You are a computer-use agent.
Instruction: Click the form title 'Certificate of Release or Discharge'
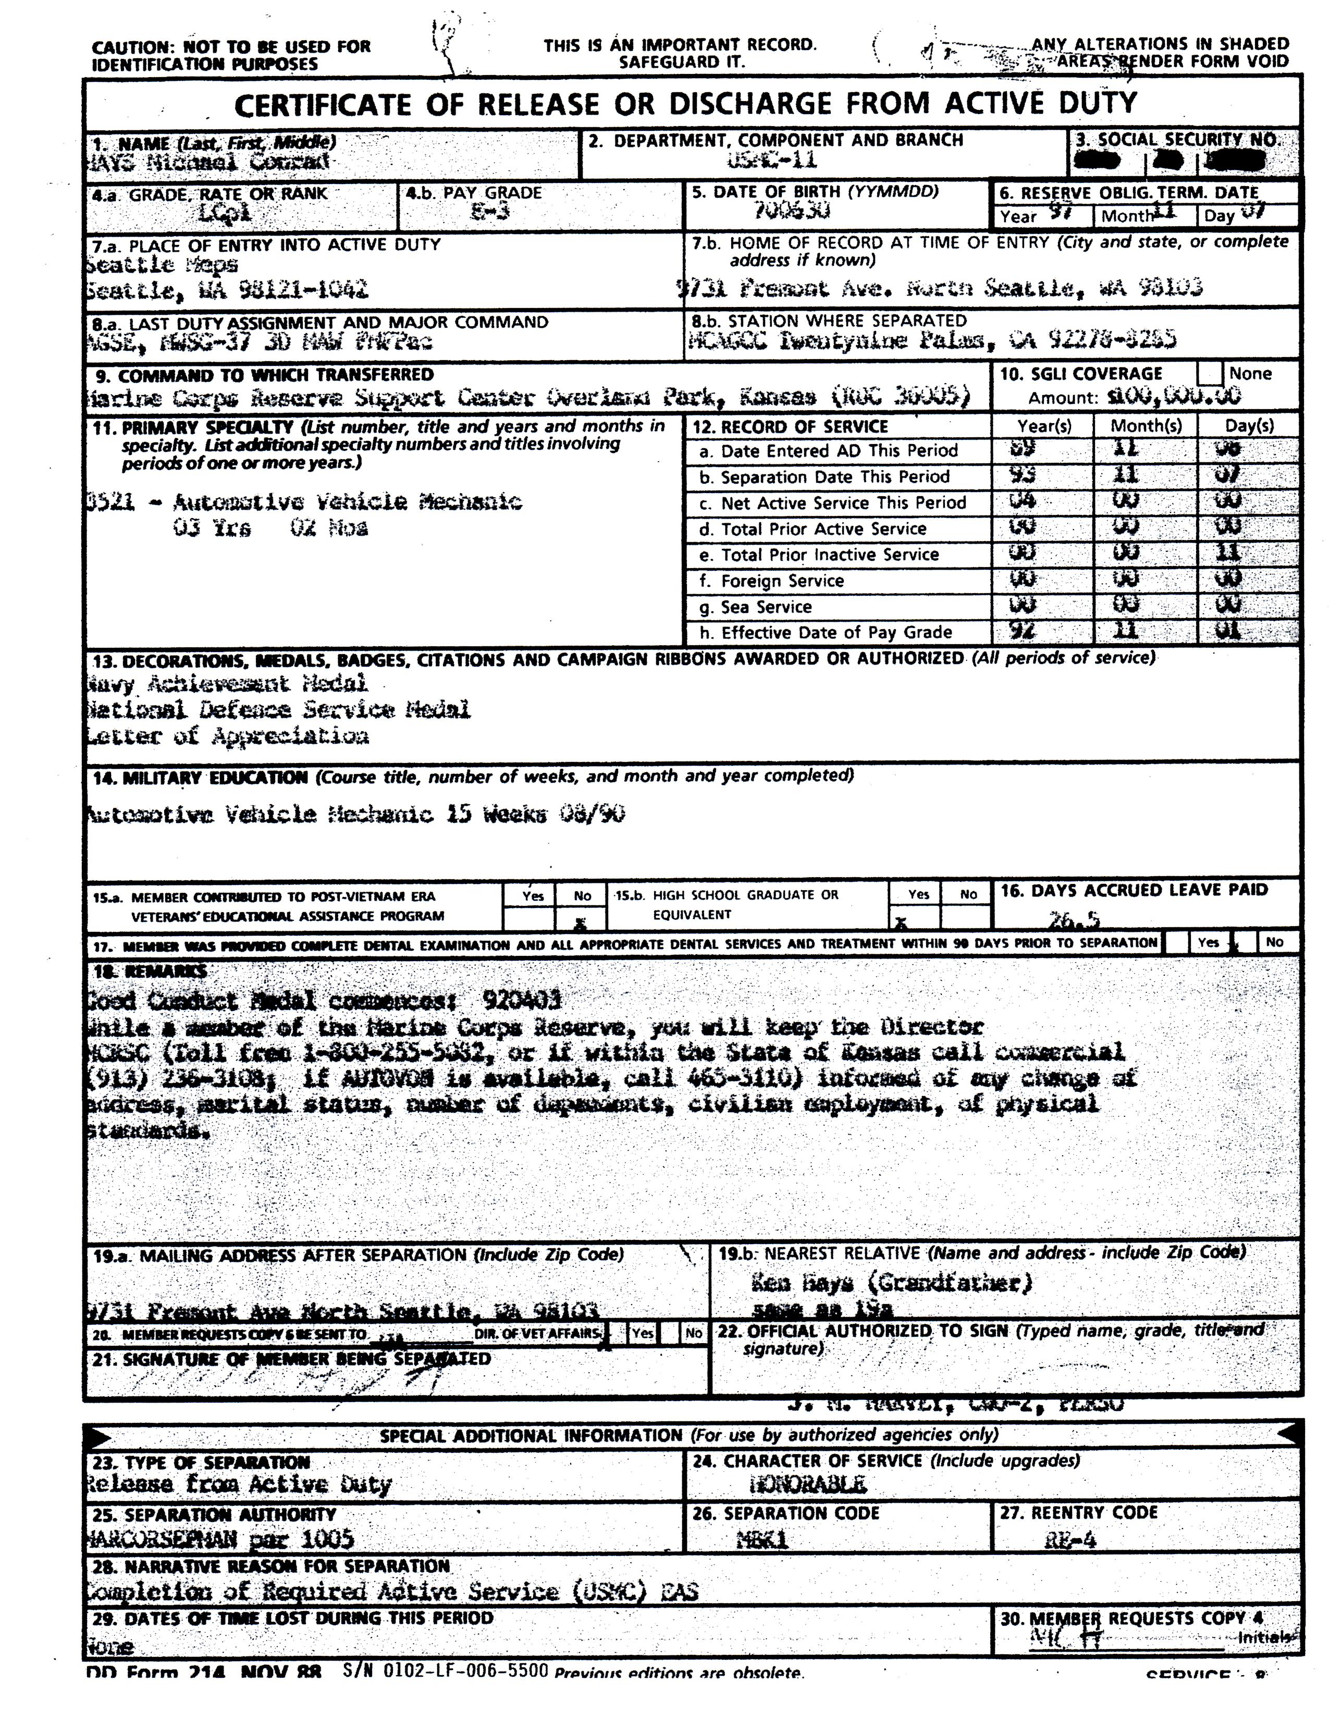pyautogui.click(x=685, y=104)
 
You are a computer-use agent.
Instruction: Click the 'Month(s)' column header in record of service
pyautogui.click(x=1146, y=426)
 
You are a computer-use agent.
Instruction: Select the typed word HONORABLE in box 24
pyautogui.click(x=808, y=1485)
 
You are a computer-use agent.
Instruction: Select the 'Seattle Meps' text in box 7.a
pyautogui.click(x=162, y=265)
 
